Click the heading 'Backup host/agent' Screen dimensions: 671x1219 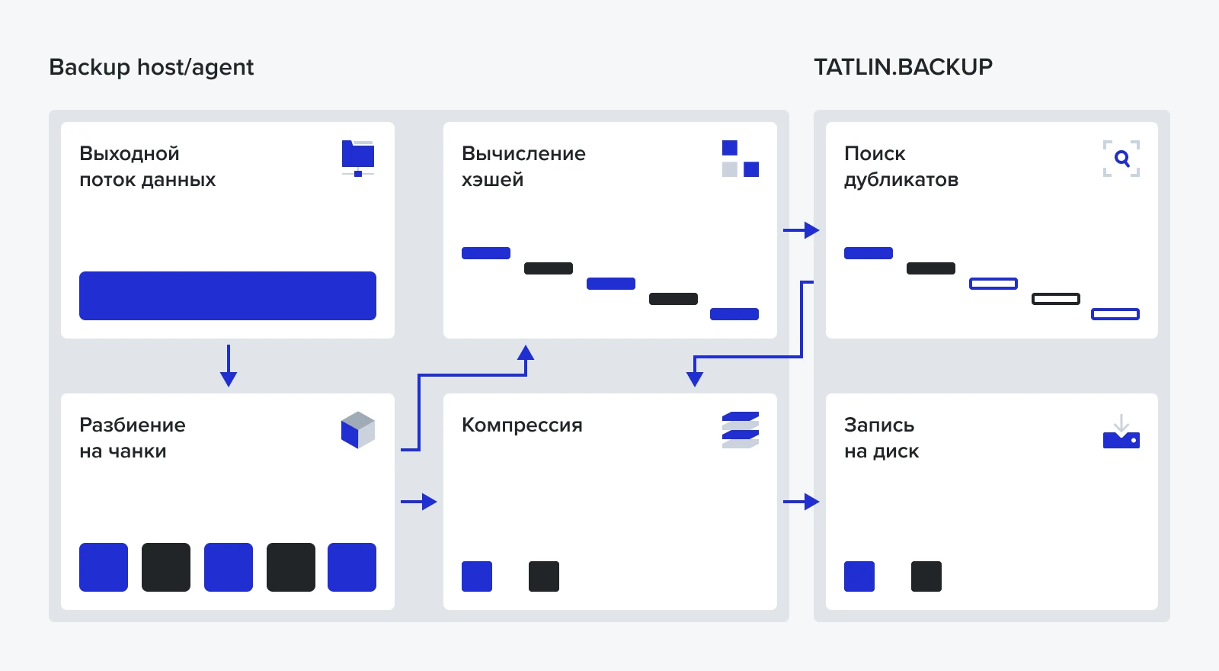151,67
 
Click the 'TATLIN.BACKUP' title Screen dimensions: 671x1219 903,67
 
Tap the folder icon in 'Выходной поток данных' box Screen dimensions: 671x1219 358,158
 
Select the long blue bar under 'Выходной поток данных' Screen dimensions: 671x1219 228,296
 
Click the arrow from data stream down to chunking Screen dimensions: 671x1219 229,366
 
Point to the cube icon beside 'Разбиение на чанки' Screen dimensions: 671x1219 358,430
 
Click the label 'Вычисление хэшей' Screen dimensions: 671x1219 523,166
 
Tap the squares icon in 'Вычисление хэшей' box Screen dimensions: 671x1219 740,159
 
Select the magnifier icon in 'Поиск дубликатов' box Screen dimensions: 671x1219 1121,159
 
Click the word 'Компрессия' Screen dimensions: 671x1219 522,425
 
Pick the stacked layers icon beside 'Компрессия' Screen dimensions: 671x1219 740,430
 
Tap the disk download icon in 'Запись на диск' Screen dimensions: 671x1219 1121,432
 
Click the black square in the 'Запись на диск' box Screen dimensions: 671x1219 926,576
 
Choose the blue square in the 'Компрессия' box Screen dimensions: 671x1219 477,576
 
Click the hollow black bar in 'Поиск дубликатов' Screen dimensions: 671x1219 1055,299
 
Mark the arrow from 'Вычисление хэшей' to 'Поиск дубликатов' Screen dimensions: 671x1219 801,230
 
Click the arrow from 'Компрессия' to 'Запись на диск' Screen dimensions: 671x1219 801,502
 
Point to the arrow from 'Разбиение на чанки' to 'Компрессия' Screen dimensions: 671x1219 419,502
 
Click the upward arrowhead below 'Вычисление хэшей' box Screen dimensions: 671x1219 526,353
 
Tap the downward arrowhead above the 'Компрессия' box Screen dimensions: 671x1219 695,378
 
